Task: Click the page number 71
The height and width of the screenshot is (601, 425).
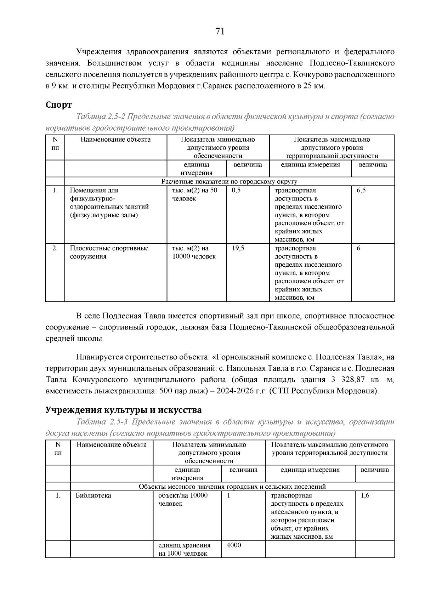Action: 220,32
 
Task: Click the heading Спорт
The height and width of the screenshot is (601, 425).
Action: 59,105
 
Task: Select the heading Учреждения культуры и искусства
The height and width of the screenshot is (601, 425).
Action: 124,410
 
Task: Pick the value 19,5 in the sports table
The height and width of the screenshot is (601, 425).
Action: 238,249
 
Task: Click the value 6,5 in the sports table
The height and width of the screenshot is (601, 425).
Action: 361,191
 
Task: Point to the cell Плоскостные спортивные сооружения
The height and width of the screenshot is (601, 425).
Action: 109,253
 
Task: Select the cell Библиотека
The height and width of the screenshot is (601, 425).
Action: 93,495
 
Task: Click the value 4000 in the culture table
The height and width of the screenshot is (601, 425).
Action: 234,545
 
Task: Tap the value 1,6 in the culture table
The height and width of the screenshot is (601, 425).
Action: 365,495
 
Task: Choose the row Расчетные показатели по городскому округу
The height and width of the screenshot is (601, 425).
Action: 229,182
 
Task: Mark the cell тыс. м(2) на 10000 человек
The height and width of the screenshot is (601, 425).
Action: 194,253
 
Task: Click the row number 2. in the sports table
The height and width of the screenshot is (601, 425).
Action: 55,249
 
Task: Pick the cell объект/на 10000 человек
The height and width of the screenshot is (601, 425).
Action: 183,499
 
